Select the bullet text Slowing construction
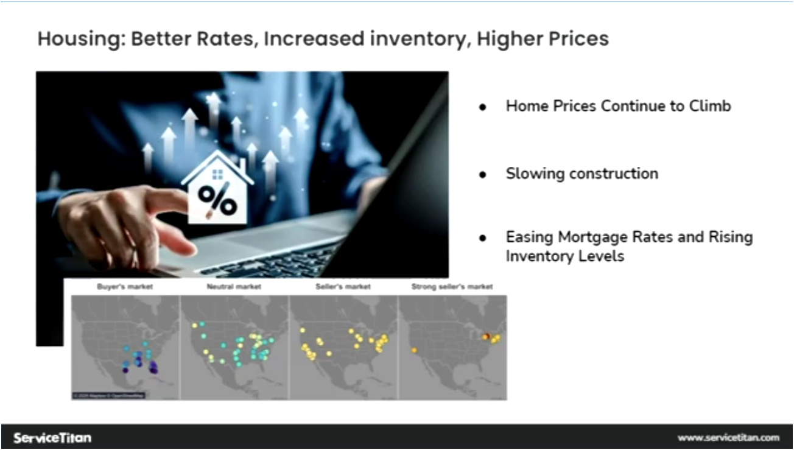click(x=581, y=174)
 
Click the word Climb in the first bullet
click(x=709, y=106)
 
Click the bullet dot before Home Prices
click(x=483, y=107)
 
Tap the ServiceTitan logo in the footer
click(x=52, y=438)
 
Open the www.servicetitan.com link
click(x=728, y=438)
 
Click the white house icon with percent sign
click(x=217, y=189)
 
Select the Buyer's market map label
click(x=125, y=286)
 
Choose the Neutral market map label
click(x=234, y=286)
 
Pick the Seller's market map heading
click(x=343, y=286)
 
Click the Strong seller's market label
click(x=452, y=286)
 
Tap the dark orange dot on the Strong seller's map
click(x=486, y=336)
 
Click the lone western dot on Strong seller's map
click(x=414, y=350)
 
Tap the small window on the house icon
click(x=217, y=175)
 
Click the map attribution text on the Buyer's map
click(x=108, y=396)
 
